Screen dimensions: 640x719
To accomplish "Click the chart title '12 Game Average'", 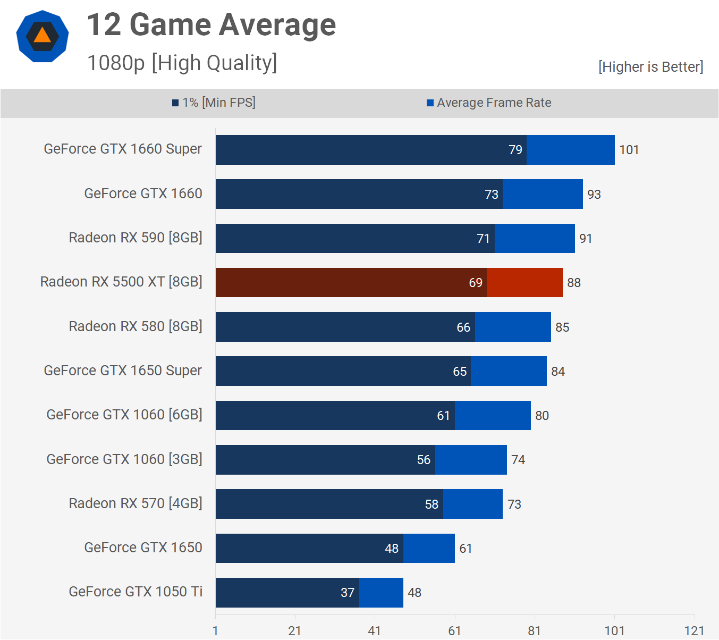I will pyautogui.click(x=211, y=25).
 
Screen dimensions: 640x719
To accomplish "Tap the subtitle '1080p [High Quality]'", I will pyautogui.click(x=182, y=63).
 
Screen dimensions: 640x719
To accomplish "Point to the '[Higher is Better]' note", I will pyautogui.click(x=650, y=67).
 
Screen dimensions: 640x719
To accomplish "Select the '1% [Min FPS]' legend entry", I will pyautogui.click(x=214, y=103).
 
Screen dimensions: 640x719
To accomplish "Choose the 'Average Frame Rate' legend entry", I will pyautogui.click(x=489, y=103).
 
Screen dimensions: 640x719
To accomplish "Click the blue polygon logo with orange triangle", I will pyautogui.click(x=43, y=36).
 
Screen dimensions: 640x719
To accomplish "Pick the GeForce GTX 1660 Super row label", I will pyautogui.click(x=123, y=149).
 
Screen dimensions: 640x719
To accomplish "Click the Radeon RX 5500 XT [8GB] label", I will pyautogui.click(x=121, y=282).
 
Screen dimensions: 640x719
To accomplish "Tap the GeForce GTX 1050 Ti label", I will pyautogui.click(x=136, y=592).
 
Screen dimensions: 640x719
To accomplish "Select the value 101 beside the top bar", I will pyautogui.click(x=629, y=150).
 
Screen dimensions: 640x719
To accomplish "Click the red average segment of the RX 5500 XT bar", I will pyautogui.click(x=525, y=282).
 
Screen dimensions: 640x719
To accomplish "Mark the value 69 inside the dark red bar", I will pyautogui.click(x=476, y=283).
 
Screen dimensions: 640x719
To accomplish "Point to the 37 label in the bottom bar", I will pyautogui.click(x=348, y=593).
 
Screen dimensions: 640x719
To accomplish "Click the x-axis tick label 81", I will pyautogui.click(x=535, y=631).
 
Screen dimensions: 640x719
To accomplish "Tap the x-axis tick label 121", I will pyautogui.click(x=694, y=631).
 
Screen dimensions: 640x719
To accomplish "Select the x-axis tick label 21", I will pyautogui.click(x=295, y=631).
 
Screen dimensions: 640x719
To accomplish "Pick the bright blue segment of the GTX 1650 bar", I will pyautogui.click(x=429, y=548).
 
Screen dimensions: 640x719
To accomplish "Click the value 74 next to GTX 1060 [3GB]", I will pyautogui.click(x=518, y=460).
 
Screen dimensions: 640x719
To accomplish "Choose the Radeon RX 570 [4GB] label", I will pyautogui.click(x=136, y=503).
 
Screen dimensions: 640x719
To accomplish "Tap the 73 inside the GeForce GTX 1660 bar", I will pyautogui.click(x=492, y=195).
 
